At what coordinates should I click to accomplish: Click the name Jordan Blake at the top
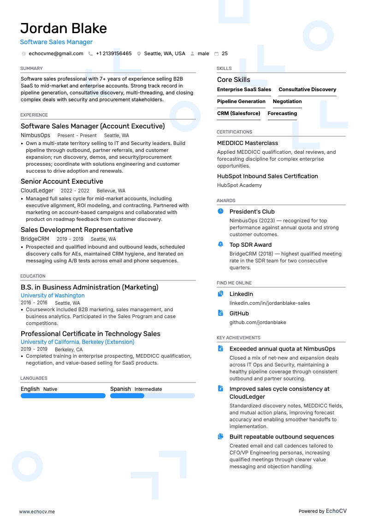tap(64, 29)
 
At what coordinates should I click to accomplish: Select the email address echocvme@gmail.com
tap(56, 53)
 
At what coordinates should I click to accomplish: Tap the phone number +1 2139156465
tap(113, 53)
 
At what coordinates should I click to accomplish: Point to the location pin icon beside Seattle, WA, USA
tap(139, 53)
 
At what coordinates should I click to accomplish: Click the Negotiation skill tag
tap(287, 101)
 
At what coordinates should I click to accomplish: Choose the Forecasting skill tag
tap(282, 113)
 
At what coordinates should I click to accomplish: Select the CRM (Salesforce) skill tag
tap(239, 113)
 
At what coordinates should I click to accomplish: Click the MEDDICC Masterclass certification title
tap(248, 143)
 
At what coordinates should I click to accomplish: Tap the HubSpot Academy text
tap(239, 185)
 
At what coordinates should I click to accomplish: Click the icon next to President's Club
tap(220, 211)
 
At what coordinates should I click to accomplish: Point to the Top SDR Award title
tap(250, 245)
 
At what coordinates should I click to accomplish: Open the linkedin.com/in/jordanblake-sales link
tap(270, 303)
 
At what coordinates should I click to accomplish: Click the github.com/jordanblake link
tap(258, 322)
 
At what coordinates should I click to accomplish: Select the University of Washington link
tap(53, 296)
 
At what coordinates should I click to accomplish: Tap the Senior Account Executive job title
tap(62, 181)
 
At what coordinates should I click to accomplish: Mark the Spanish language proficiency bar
tap(153, 395)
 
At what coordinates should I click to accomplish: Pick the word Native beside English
tap(50, 389)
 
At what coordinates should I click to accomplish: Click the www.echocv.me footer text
tap(37, 499)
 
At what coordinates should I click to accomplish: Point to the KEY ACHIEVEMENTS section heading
tap(238, 338)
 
